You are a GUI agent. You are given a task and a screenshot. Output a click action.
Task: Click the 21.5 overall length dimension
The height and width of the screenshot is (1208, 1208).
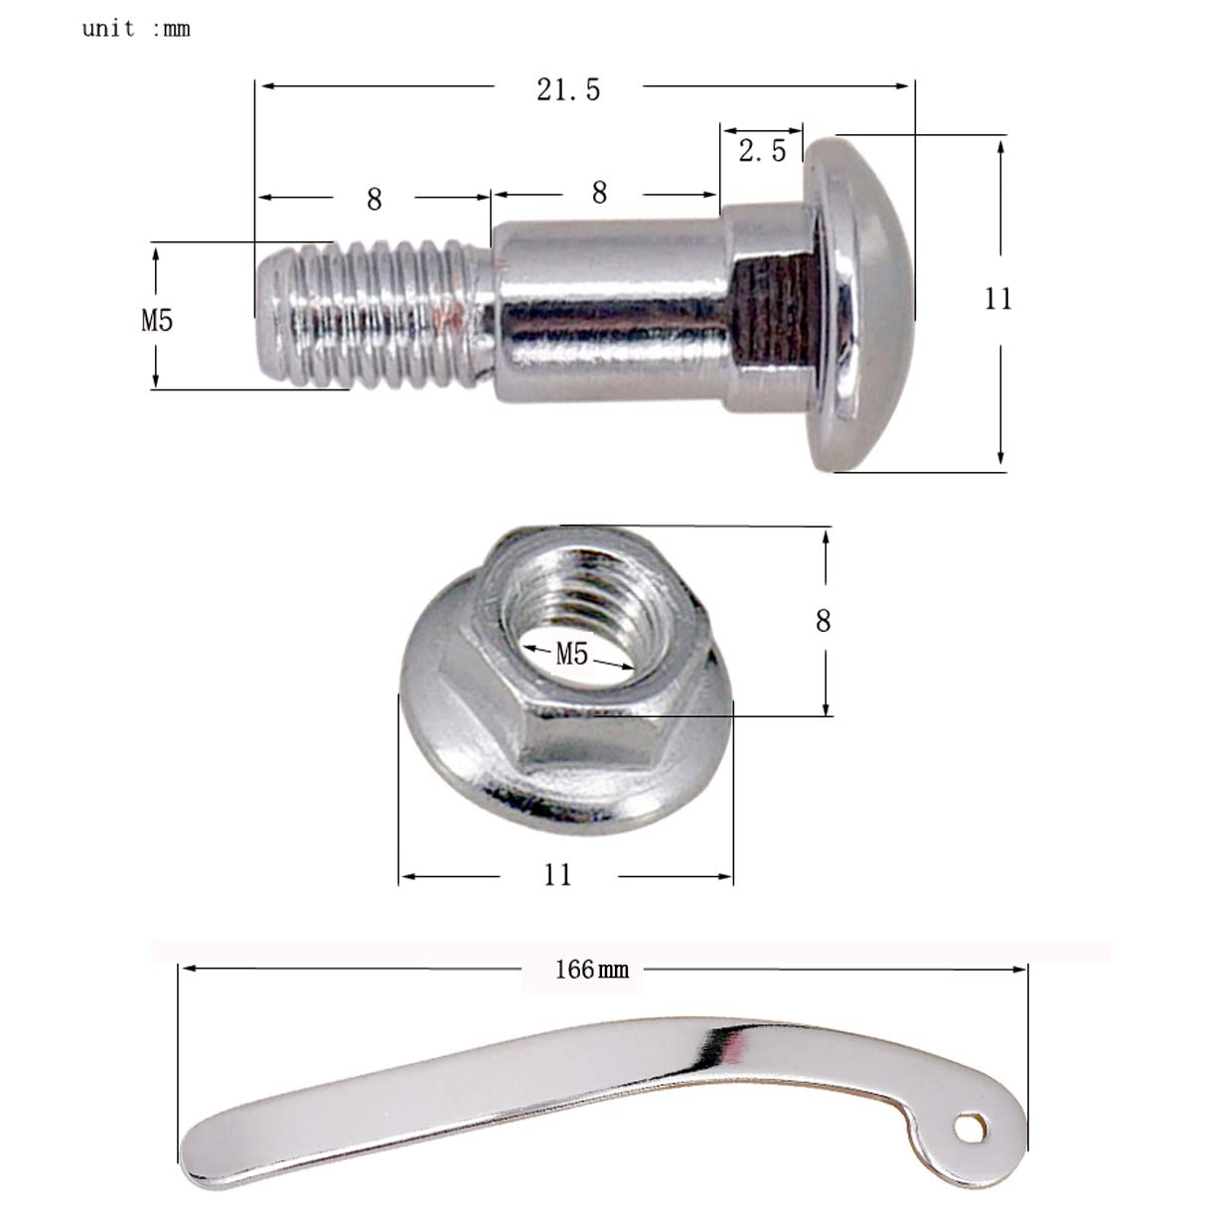tap(568, 89)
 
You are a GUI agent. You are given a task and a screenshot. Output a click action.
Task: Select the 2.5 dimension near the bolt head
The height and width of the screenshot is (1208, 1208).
tap(762, 150)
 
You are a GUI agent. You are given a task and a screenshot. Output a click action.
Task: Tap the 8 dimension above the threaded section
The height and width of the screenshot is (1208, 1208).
tap(374, 200)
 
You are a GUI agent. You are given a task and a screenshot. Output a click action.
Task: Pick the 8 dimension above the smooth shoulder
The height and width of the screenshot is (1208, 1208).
tap(599, 193)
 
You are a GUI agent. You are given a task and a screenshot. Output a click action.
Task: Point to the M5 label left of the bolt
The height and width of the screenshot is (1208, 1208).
tap(156, 320)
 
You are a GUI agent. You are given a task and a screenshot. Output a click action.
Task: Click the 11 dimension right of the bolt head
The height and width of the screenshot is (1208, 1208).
tap(997, 298)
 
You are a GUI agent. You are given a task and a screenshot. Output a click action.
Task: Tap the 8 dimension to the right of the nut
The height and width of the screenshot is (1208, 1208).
tap(823, 621)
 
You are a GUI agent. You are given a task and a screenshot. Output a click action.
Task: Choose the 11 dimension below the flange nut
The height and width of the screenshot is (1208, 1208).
tap(558, 874)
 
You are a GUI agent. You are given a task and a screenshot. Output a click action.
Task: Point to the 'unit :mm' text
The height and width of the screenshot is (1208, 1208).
tap(136, 29)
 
